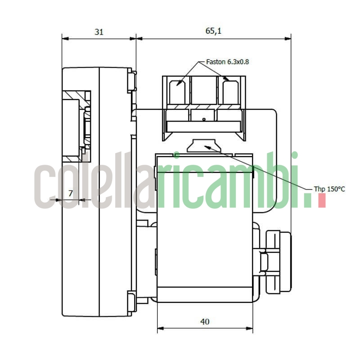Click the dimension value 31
coord(99,32)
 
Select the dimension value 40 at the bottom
coord(205,321)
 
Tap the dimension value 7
coord(70,193)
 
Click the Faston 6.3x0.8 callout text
coord(227,61)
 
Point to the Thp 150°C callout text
coord(329,189)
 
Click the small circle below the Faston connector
coord(204,119)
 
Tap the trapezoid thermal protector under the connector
coord(203,145)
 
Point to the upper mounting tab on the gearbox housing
coord(131,81)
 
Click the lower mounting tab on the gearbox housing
coord(131,302)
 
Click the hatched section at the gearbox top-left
coord(74,95)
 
